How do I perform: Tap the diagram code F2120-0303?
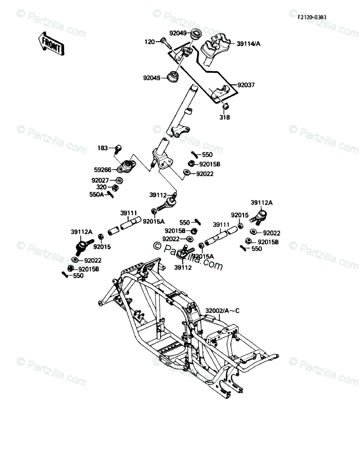click(312, 17)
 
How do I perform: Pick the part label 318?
click(225, 117)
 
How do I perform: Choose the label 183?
click(103, 148)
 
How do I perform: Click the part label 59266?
click(103, 171)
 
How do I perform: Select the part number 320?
click(101, 187)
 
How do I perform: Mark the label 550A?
click(97, 194)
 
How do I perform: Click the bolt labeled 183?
click(118, 149)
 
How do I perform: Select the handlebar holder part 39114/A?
click(215, 44)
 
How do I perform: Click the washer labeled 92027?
click(120, 180)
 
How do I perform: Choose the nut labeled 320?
click(116, 187)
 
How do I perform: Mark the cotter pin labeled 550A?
click(110, 195)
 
